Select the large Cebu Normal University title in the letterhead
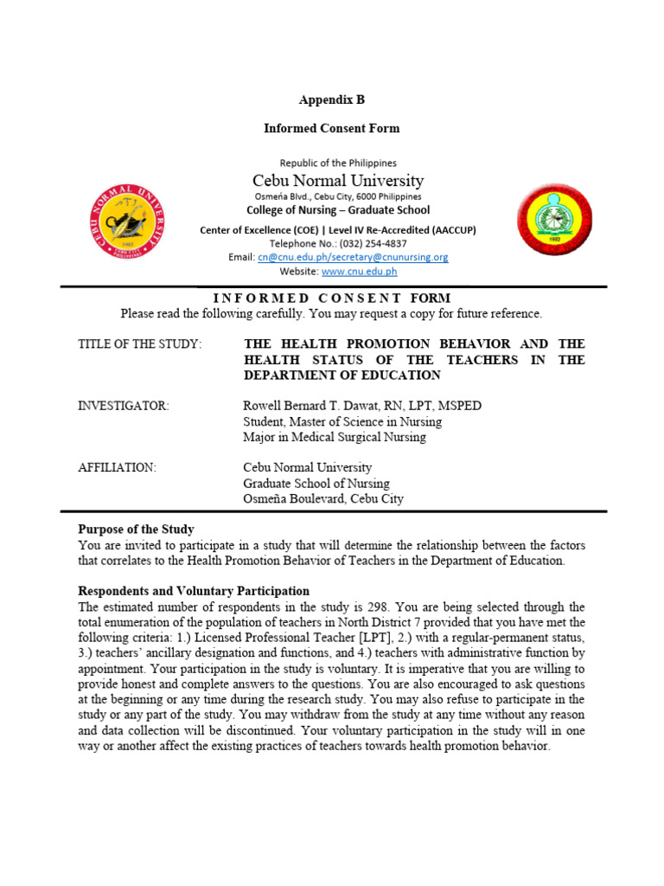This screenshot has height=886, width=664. pyautogui.click(x=338, y=181)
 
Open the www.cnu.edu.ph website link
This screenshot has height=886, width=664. pyautogui.click(x=359, y=271)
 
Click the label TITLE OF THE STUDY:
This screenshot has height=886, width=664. pyautogui.click(x=140, y=344)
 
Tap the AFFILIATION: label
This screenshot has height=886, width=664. pyautogui.click(x=117, y=468)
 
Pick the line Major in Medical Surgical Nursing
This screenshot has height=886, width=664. pyautogui.click(x=334, y=437)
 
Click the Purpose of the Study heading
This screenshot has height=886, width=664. pyautogui.click(x=136, y=530)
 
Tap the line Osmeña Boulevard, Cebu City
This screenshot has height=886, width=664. pyautogui.click(x=322, y=498)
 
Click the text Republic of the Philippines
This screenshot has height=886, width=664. pyautogui.click(x=338, y=163)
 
